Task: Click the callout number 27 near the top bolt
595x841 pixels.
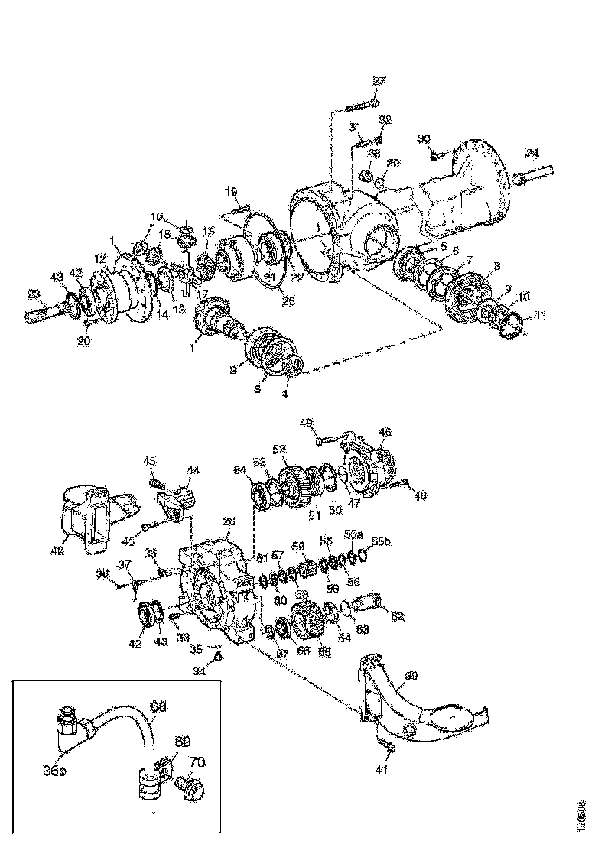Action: tap(380, 82)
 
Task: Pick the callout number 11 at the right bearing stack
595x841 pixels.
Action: tap(520, 315)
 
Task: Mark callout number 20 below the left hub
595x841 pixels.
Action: tap(83, 341)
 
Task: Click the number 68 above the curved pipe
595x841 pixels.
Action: tap(158, 708)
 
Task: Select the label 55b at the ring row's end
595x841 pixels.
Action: tap(379, 541)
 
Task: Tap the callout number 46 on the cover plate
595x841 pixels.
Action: tap(385, 433)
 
